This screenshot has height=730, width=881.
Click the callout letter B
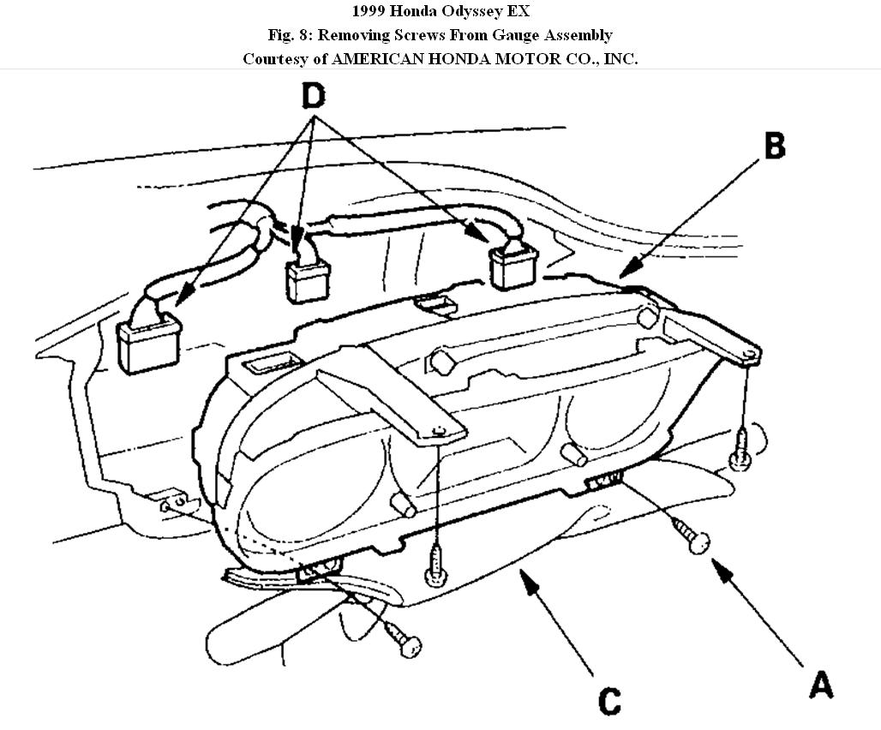tap(773, 146)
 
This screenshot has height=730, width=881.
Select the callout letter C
tap(609, 701)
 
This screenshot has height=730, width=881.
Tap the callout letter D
tap(314, 96)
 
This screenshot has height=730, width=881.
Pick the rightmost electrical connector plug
tap(513, 263)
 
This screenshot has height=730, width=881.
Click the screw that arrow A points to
tap(695, 537)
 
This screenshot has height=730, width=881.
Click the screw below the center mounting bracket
tap(437, 566)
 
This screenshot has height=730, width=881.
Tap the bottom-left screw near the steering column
tap(402, 636)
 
